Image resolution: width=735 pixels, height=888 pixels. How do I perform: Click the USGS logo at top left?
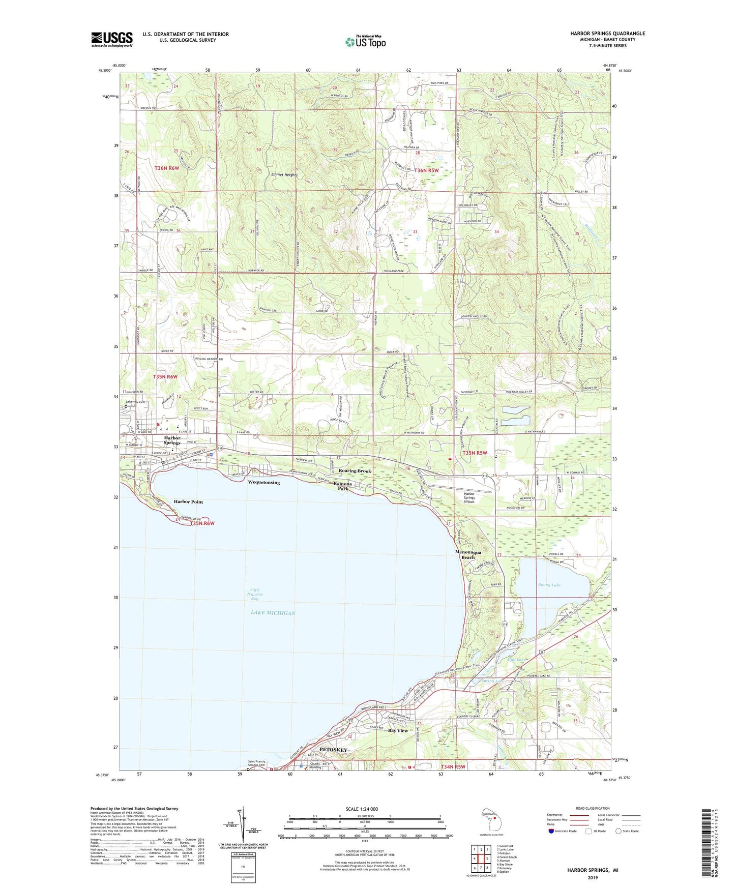click(112, 39)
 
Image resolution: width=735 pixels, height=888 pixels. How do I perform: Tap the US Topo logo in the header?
click(366, 42)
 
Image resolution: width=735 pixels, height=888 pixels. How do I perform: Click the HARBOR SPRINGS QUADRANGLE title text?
click(607, 34)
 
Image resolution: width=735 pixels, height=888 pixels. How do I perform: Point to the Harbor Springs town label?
click(172, 440)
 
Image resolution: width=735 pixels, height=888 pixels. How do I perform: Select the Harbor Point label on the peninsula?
click(188, 501)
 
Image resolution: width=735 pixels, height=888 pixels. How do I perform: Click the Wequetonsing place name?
click(263, 482)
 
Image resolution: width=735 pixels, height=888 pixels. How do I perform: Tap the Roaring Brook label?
click(355, 471)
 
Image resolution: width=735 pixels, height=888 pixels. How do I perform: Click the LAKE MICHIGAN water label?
click(273, 613)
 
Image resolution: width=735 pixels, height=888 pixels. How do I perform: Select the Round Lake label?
click(549, 585)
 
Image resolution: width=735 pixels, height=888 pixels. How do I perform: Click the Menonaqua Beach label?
click(467, 555)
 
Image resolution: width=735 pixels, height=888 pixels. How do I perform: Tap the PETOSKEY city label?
click(333, 750)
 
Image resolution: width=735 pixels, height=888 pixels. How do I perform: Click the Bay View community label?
click(398, 730)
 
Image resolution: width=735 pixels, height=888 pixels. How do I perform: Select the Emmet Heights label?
click(284, 175)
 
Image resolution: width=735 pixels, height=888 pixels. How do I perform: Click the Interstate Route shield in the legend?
click(551, 831)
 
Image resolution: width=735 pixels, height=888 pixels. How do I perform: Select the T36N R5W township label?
click(426, 170)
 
